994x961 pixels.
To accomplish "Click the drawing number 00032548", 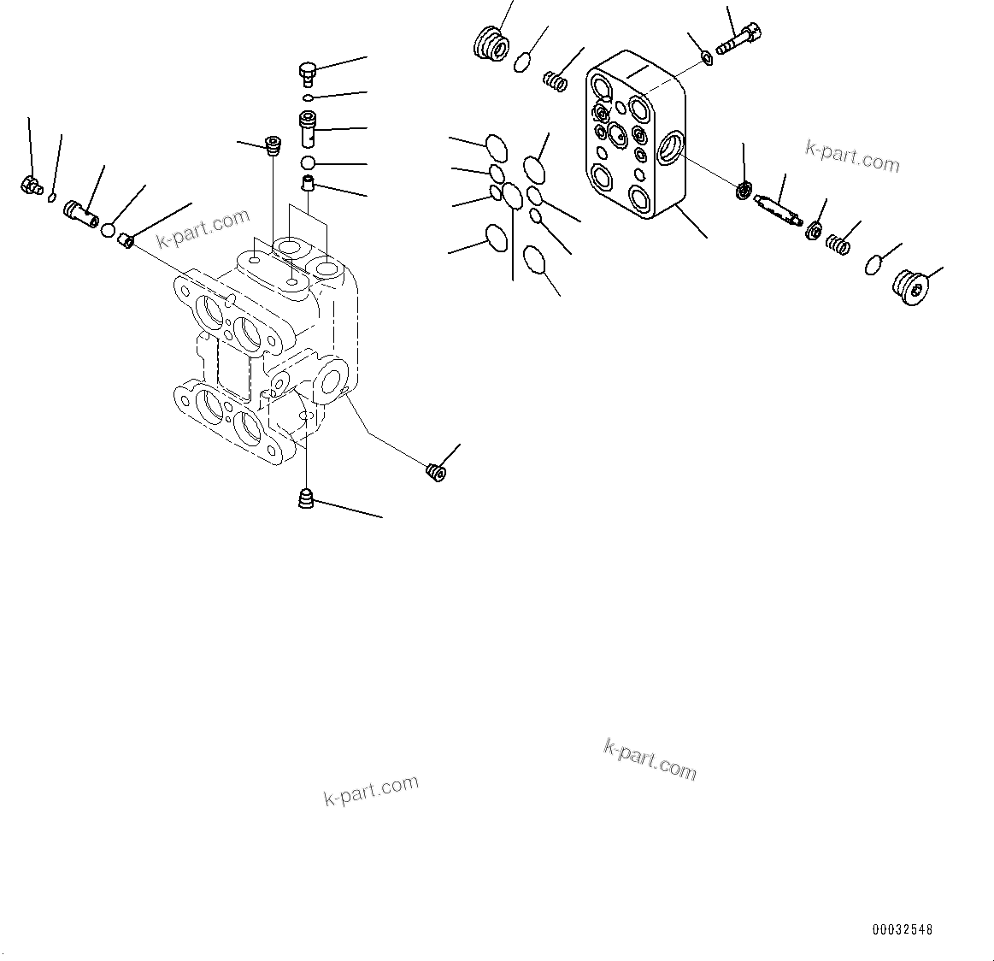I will pos(902,929).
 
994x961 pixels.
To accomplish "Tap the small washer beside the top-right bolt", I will pos(707,57).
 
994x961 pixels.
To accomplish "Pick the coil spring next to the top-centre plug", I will pos(556,81).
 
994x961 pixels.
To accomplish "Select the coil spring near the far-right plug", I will pos(838,245).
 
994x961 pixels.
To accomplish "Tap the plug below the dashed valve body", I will pos(306,498).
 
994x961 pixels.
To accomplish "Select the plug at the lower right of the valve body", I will pos(435,470).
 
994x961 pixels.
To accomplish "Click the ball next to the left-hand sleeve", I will pos(109,229).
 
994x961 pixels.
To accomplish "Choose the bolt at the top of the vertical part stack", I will pos(308,73).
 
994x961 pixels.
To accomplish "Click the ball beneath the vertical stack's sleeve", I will pos(309,162).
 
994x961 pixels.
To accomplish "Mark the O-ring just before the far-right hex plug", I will pos(873,264).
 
